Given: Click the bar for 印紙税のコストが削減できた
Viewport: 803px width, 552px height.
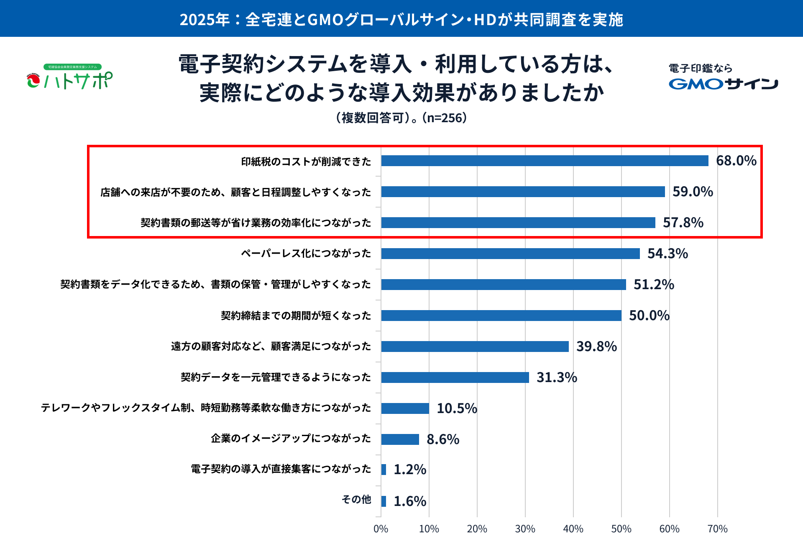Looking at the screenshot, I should point(545,161).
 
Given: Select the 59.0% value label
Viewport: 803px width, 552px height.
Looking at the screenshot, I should point(693,192).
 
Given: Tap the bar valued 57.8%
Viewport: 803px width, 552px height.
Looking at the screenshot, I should point(518,223).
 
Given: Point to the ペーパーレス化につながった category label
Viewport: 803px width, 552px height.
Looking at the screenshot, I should point(306,253).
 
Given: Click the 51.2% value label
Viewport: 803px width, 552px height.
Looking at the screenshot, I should point(654,285).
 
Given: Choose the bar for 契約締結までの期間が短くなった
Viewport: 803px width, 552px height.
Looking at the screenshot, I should point(501,316).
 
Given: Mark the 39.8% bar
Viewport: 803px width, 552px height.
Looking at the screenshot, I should point(475,347).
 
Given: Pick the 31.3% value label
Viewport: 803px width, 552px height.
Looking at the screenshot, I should point(557,377).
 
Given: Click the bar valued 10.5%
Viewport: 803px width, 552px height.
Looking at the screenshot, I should point(405,408).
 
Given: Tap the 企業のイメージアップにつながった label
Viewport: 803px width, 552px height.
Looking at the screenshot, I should point(291,438).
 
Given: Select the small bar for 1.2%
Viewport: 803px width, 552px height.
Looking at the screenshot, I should point(384,470).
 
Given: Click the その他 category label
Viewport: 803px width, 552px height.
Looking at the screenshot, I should point(356,499).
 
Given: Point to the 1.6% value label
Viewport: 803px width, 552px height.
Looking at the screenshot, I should point(410,501).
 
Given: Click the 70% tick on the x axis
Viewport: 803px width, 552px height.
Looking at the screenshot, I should point(717,529).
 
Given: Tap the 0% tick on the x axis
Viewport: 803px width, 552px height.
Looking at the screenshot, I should point(381,529).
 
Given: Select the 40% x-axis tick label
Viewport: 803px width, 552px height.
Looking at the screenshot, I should point(573,529).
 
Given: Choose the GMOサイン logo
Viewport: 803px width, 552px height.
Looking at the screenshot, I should point(723,84).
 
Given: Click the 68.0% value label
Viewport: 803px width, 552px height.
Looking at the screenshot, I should point(736,161).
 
